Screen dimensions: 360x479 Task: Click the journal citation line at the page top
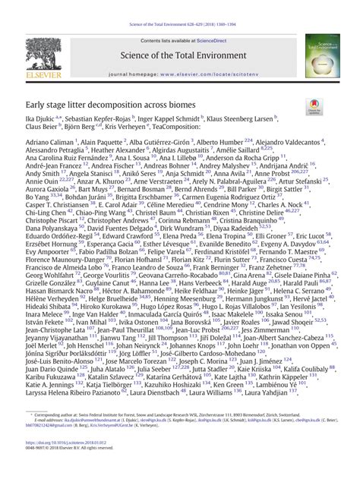180,5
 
